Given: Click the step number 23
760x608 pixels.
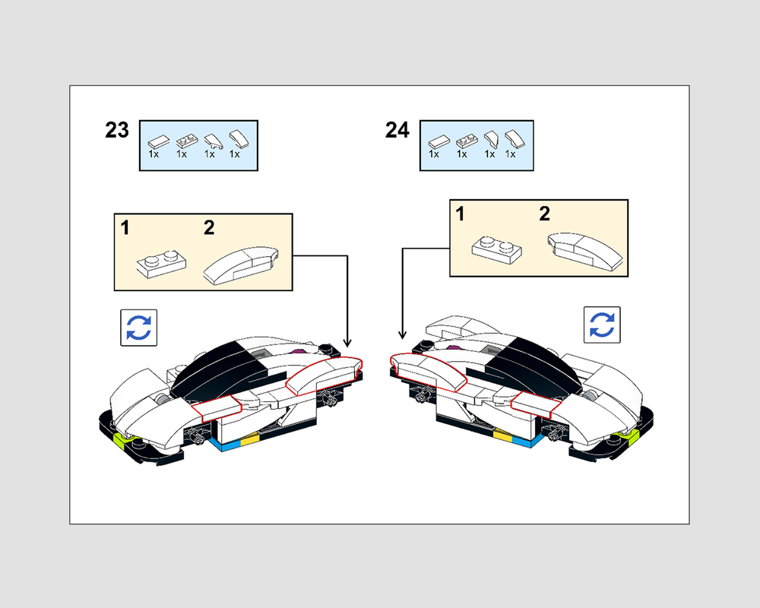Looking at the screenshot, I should coord(117,130).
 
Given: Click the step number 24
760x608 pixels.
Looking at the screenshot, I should coord(397,130).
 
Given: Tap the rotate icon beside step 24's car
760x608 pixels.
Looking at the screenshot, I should coord(601,325).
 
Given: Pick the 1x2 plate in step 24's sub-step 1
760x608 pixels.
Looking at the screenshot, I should coord(496,247).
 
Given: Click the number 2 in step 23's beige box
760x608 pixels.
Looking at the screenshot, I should coord(209,227).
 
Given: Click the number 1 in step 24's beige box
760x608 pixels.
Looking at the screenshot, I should coord(460,215).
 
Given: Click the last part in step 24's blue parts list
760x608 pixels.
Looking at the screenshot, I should coord(513,140).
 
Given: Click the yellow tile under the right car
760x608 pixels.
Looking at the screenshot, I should coord(502,435).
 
